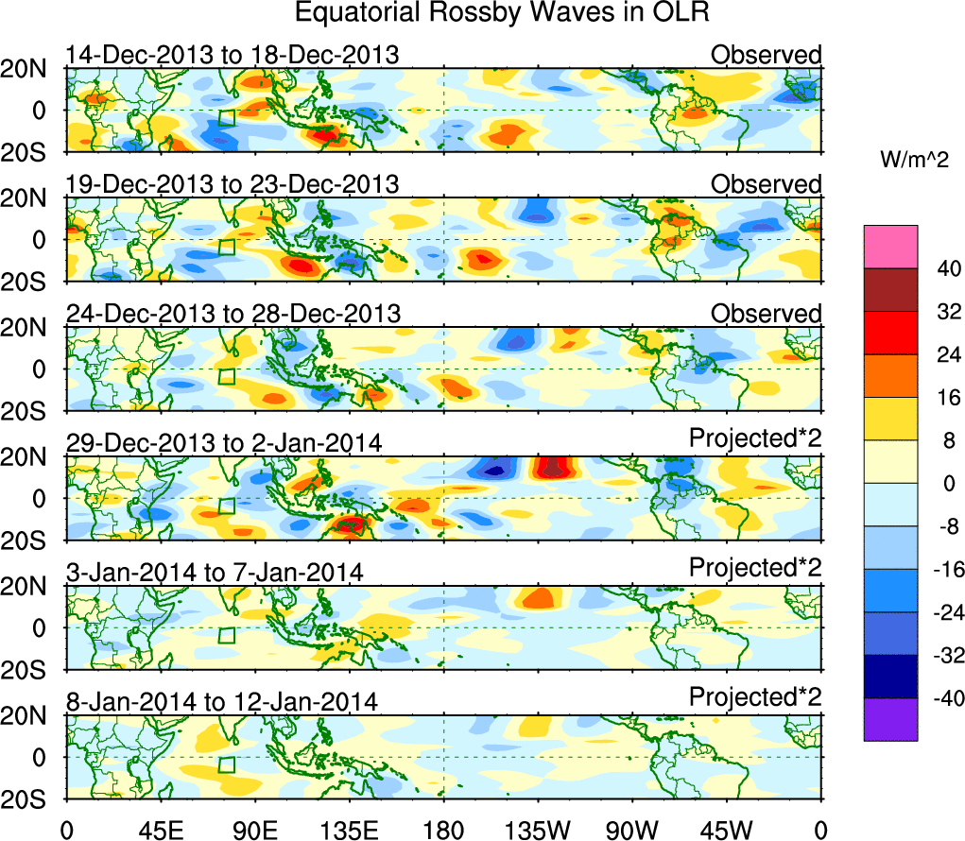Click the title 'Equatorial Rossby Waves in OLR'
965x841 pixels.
[x=501, y=14]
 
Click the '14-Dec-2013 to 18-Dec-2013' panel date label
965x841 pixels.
[x=233, y=55]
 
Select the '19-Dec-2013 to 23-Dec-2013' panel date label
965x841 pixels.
[x=233, y=183]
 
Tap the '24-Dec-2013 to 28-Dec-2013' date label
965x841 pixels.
[x=233, y=313]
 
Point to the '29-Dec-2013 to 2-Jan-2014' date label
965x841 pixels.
[x=224, y=442]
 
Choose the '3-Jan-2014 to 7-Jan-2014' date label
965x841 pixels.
[x=215, y=572]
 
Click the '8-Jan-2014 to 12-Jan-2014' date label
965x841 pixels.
[x=222, y=701]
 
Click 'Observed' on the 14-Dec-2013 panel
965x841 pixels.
[x=767, y=55]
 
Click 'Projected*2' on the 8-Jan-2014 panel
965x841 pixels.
[x=755, y=697]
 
